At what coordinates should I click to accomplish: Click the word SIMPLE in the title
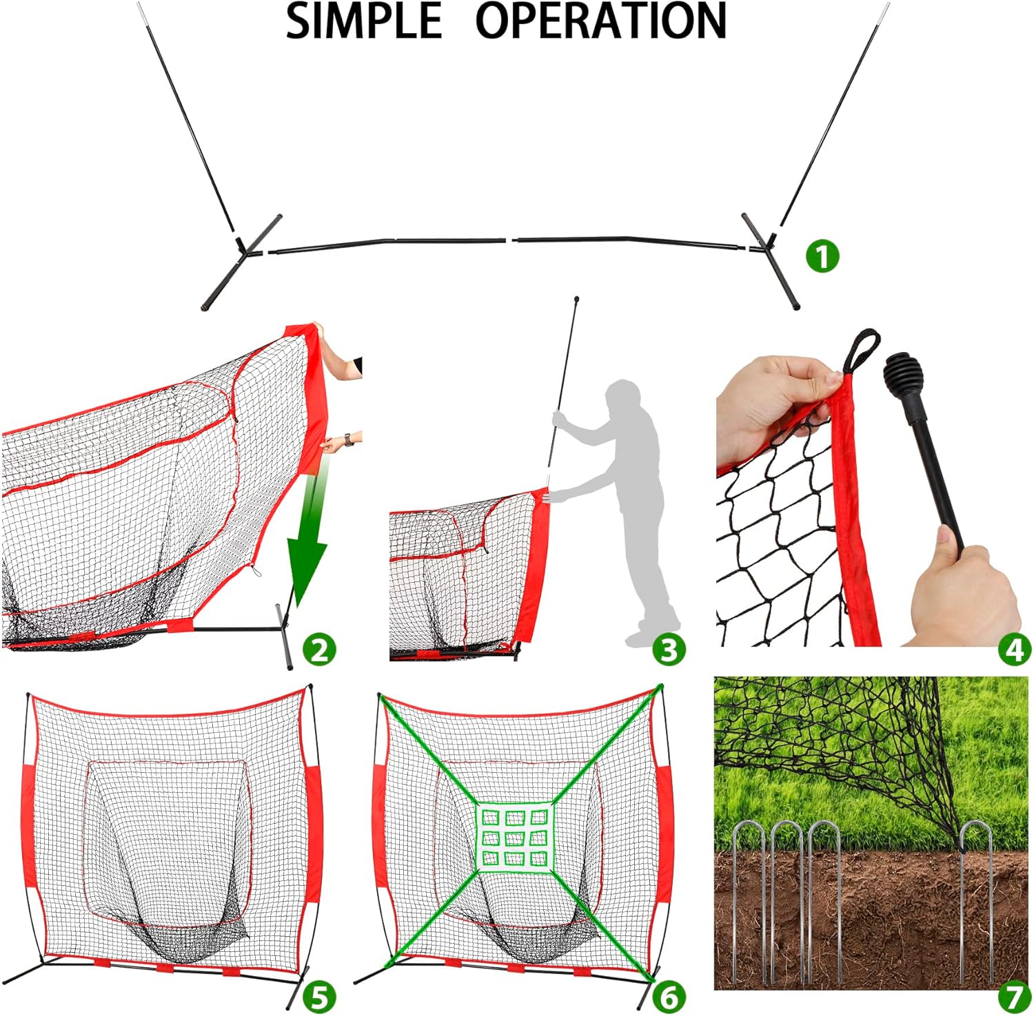363,21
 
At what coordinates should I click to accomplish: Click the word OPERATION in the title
601,21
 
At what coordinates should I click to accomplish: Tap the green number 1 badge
822,256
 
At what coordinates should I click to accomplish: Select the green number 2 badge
319,650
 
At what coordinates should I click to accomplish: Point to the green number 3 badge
669,650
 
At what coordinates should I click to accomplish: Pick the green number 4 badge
1015,650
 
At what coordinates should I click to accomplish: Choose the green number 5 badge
318,996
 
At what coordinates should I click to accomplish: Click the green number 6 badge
669,996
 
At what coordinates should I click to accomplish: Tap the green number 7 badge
1014,996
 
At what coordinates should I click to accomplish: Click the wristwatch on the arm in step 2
349,439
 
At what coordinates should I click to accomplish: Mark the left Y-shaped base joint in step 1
243,250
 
